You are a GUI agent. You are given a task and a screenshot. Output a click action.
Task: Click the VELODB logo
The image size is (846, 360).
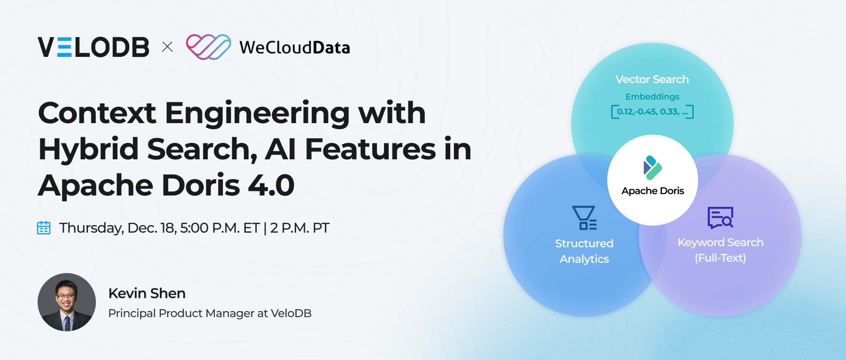94,47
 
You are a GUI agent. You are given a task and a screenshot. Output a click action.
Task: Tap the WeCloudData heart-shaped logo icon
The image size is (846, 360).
208,47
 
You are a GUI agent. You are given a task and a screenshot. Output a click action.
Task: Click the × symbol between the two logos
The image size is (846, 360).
167,47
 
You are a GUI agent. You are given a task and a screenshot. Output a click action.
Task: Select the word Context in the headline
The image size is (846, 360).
97,113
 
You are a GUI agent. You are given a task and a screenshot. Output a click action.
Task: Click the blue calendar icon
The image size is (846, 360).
44,228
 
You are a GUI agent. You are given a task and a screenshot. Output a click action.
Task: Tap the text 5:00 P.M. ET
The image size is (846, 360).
219,228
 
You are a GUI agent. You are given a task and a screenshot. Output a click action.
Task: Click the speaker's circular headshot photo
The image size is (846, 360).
67,302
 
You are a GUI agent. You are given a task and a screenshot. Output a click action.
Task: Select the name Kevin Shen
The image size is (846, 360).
147,293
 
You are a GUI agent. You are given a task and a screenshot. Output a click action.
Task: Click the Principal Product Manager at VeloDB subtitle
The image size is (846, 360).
210,313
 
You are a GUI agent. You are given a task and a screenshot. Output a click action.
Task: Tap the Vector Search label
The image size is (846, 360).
652,79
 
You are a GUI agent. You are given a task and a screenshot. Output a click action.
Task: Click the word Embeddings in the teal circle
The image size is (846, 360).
652,97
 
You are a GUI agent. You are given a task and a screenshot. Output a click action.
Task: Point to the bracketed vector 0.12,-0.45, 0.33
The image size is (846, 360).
652,112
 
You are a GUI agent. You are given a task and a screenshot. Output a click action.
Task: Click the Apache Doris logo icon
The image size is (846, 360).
652,168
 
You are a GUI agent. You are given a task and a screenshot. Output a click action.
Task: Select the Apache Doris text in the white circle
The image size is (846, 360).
652,191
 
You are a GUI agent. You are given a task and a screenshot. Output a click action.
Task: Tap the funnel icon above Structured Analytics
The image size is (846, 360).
584,218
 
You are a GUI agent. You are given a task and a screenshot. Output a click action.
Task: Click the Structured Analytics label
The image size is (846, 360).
584,251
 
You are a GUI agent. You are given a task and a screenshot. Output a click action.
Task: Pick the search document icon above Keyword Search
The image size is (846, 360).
720,218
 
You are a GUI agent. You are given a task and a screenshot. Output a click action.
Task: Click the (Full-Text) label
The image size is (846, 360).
720,258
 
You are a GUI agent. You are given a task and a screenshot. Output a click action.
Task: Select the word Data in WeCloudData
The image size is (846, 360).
331,48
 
